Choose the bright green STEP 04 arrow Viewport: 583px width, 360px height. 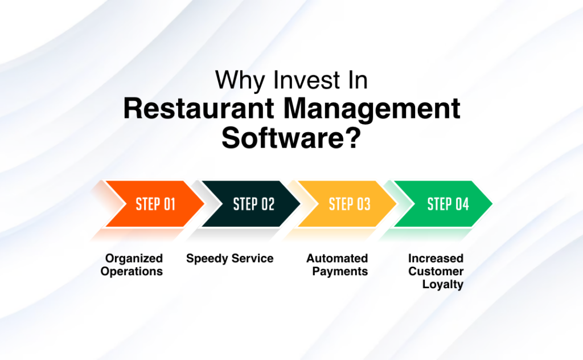[x=447, y=204]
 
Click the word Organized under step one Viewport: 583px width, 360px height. [x=134, y=259]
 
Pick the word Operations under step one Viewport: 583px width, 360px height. [x=132, y=271]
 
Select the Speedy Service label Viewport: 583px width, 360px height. [x=229, y=259]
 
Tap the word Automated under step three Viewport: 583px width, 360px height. [x=337, y=259]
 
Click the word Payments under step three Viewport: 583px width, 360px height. [x=340, y=271]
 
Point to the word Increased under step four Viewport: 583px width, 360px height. [x=436, y=259]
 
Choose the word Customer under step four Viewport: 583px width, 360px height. [x=436, y=271]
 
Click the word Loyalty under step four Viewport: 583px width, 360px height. [x=442, y=284]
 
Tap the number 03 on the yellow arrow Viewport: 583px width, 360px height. [x=363, y=204]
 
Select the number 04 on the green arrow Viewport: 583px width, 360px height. [x=462, y=204]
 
